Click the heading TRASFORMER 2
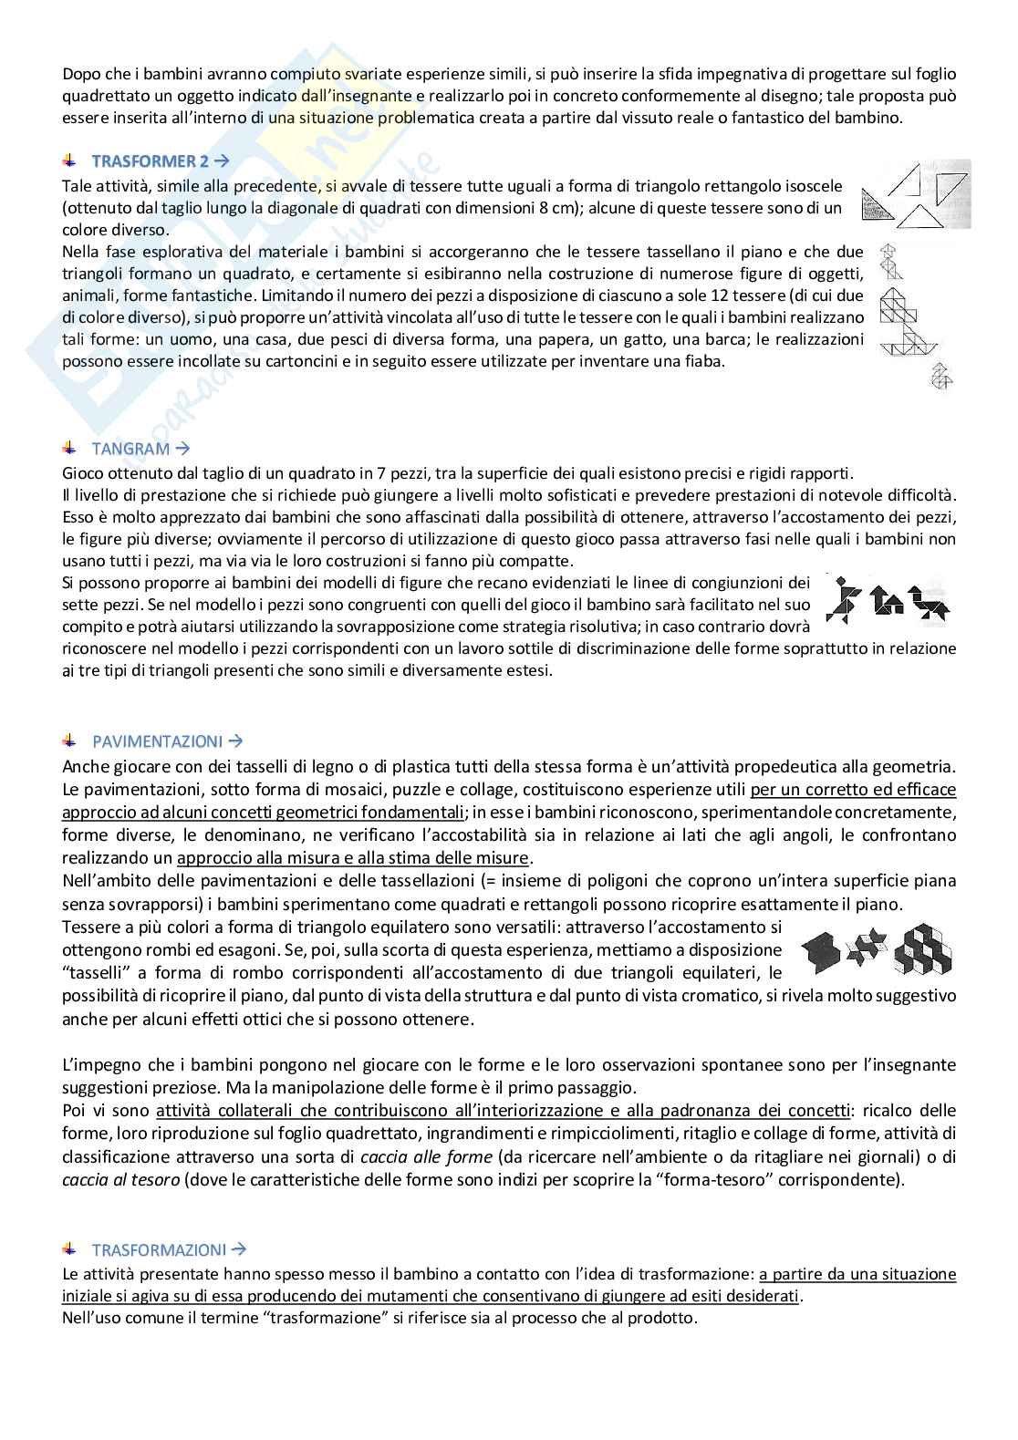coord(150,161)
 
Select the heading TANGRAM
coord(130,449)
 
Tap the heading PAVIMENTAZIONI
coord(157,741)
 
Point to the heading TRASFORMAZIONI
coord(159,1249)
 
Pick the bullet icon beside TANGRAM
coord(69,449)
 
